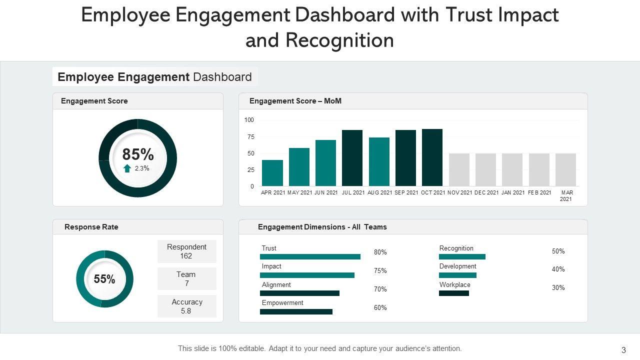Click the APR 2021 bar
click(x=272, y=173)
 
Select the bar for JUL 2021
click(x=352, y=158)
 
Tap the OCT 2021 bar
click(x=432, y=157)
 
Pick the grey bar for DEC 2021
click(x=485, y=169)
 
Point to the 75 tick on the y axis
click(x=249, y=137)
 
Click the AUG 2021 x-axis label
click(x=379, y=192)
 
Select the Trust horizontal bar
click(x=310, y=257)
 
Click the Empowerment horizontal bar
click(x=296, y=311)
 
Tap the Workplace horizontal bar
click(x=454, y=293)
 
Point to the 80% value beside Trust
click(x=380, y=252)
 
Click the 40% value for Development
click(x=558, y=269)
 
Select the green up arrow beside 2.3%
click(x=127, y=168)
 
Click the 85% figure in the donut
click(x=138, y=154)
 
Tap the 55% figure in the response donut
click(x=104, y=279)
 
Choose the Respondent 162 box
click(x=186, y=251)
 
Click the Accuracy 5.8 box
click(x=186, y=306)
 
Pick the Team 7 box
click(x=186, y=279)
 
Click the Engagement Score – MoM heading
click(x=295, y=101)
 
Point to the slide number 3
click(x=623, y=350)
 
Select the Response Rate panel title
click(x=91, y=227)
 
